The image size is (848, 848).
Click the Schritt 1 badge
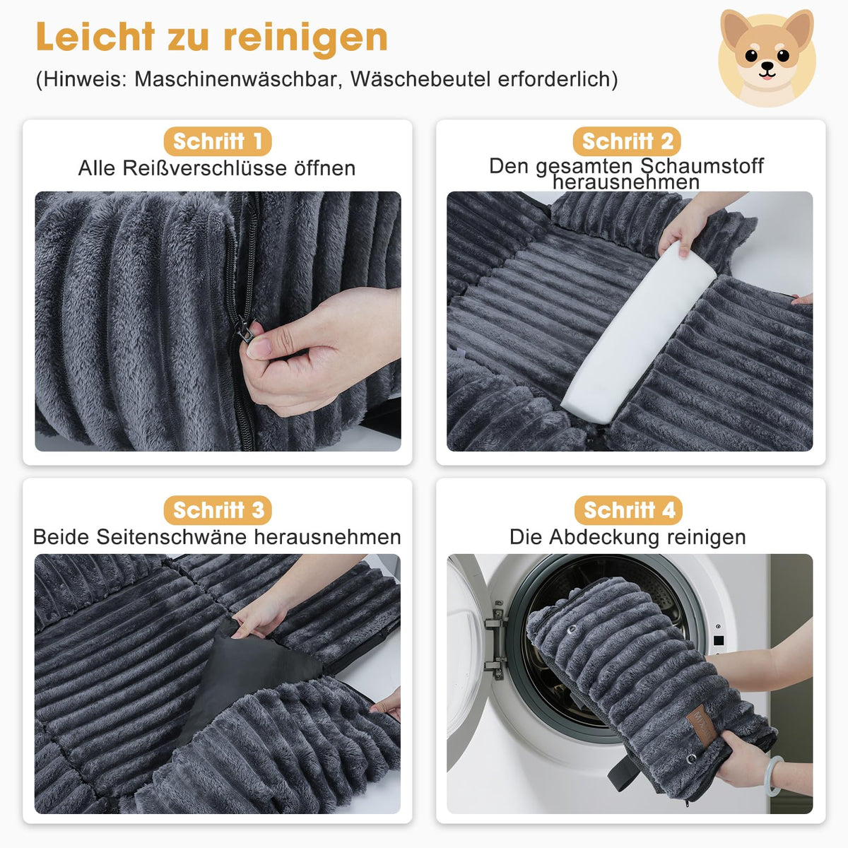click(218, 141)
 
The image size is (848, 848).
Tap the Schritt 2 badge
click(627, 141)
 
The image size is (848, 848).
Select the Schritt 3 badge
click(218, 510)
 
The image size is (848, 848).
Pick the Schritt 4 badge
click(628, 510)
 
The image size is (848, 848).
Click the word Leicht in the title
click(95, 37)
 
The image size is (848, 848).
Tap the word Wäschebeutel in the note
click(420, 79)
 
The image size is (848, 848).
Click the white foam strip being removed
click(638, 332)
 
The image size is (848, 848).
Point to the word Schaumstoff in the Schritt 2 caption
click(702, 166)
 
